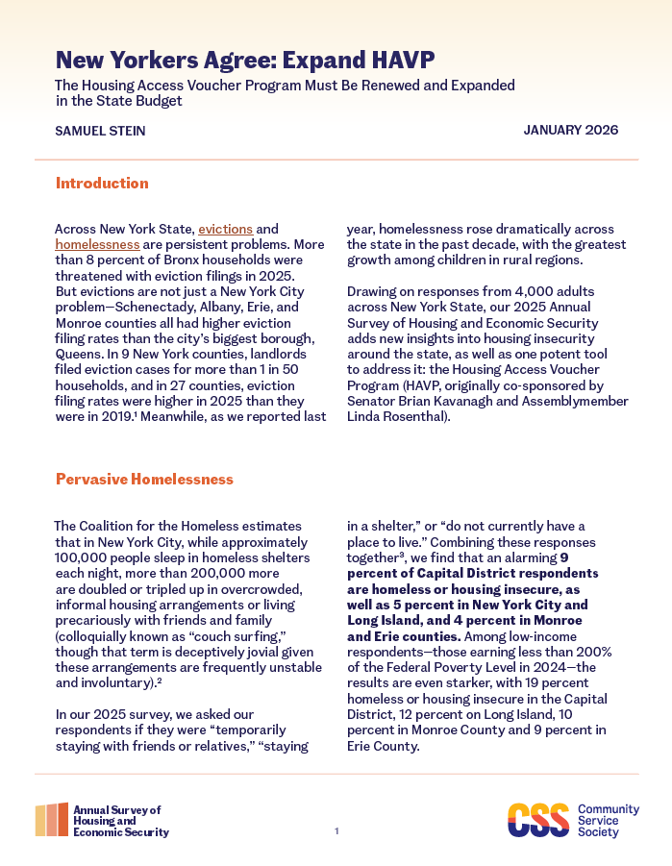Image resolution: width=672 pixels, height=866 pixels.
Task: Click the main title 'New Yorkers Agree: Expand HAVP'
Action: click(x=244, y=60)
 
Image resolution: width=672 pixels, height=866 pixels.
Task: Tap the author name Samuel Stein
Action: click(x=101, y=131)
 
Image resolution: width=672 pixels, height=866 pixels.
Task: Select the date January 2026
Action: click(x=571, y=130)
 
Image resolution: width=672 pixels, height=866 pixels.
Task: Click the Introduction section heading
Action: click(x=102, y=183)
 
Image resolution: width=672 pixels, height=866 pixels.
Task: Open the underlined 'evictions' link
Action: click(x=225, y=230)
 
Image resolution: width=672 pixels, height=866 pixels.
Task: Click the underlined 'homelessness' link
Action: click(x=97, y=245)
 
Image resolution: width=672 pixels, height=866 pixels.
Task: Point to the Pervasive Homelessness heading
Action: click(x=144, y=479)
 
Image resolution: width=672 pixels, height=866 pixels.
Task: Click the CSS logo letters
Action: click(x=537, y=820)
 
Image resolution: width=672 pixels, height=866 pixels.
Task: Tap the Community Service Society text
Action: click(x=603, y=820)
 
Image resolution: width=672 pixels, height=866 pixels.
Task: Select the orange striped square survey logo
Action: click(x=51, y=820)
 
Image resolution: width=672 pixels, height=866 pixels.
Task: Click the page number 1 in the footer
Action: click(x=336, y=830)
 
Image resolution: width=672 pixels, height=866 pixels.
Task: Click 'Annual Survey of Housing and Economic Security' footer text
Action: click(x=120, y=821)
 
